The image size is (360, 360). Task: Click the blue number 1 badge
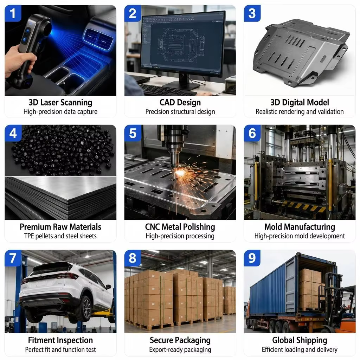[13, 13]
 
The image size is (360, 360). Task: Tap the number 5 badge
[133, 133]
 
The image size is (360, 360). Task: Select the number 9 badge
[252, 258]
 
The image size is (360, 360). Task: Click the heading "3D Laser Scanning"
[60, 102]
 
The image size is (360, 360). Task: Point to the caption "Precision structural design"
[180, 111]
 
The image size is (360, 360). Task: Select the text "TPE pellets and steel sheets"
[60, 236]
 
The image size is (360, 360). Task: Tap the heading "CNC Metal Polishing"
[180, 227]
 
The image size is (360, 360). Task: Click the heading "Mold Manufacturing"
[300, 227]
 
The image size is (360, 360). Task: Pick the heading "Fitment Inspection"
[60, 340]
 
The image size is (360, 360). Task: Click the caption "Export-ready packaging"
[180, 350]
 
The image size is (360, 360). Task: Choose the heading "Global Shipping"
[300, 340]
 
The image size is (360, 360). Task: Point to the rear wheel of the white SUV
[84, 309]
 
